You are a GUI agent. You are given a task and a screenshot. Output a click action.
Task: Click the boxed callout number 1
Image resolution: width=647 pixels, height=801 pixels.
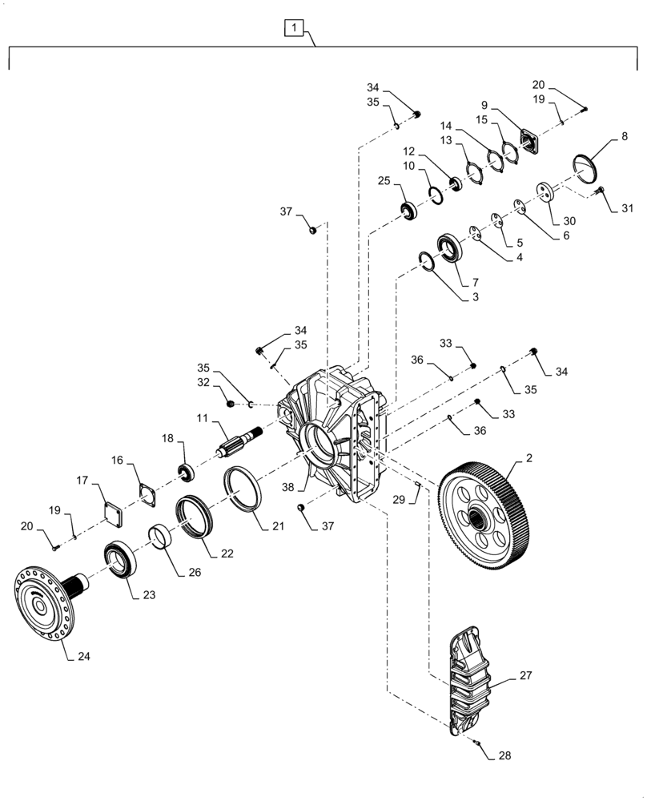[x=294, y=30]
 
